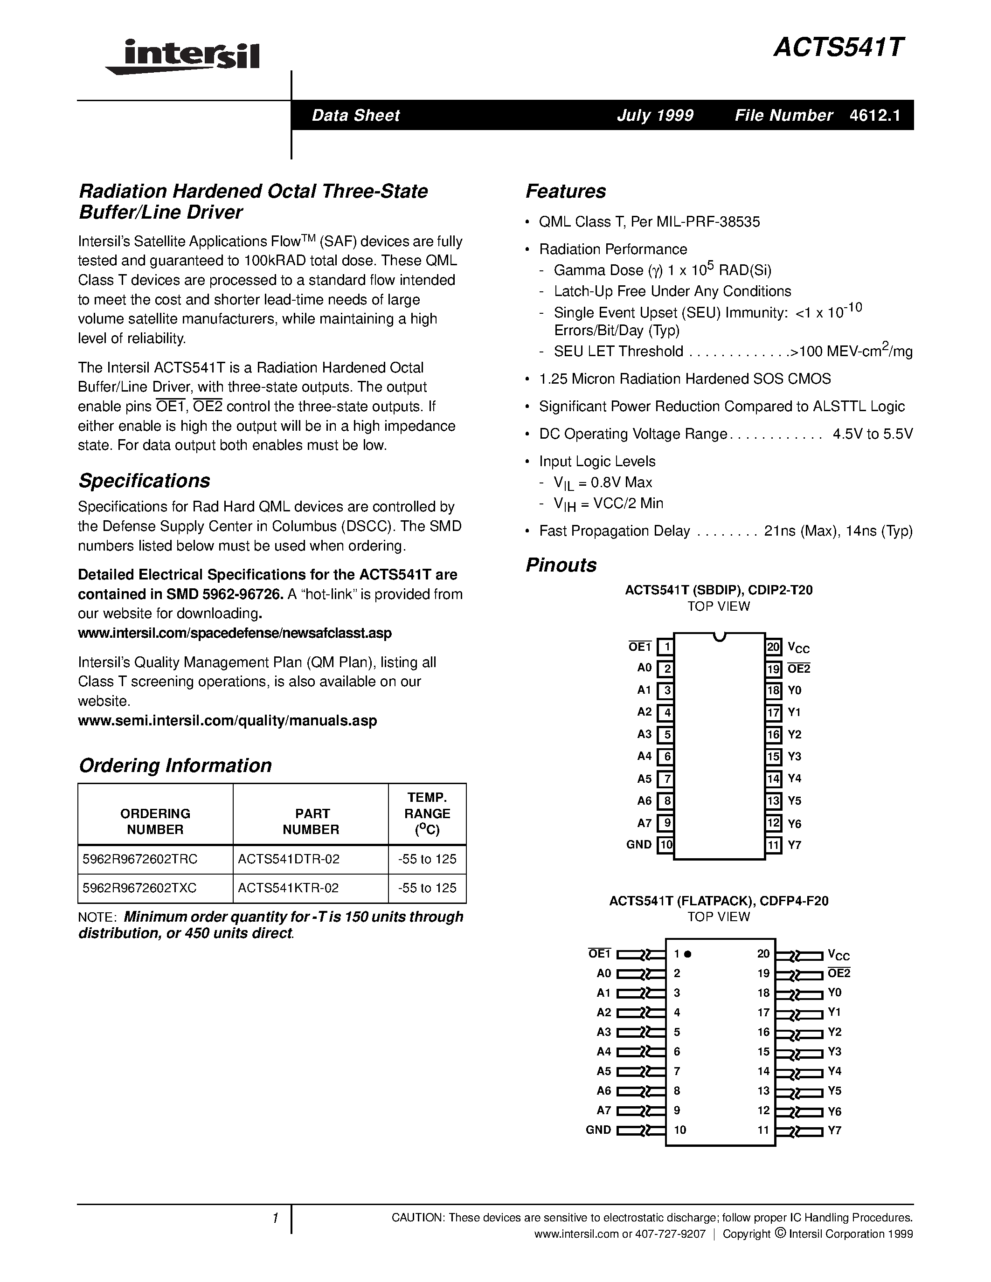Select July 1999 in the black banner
(655, 116)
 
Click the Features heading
(565, 191)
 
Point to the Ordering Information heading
(175, 765)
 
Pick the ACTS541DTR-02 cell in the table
(288, 859)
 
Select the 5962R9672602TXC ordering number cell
(140, 888)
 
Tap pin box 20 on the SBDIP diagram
(773, 647)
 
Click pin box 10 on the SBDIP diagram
(665, 845)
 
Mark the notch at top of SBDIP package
(719, 636)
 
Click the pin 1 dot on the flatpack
(688, 954)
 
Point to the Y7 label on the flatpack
(834, 1130)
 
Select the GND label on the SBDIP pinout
(639, 845)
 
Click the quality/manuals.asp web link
(227, 721)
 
